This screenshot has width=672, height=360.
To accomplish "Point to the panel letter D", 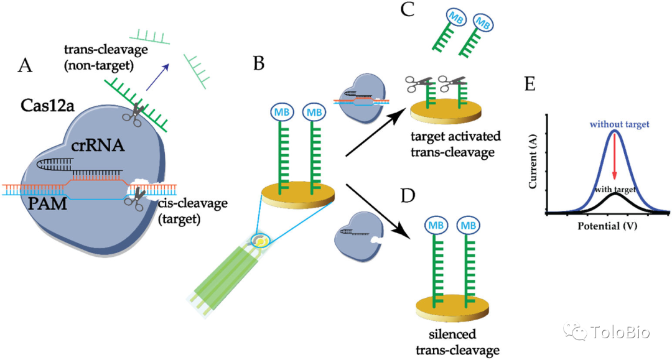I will pyautogui.click(x=408, y=196).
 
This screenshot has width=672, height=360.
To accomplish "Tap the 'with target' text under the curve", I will pyautogui.click(x=615, y=188).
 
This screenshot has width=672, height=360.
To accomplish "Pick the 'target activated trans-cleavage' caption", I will pyautogui.click(x=457, y=144).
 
